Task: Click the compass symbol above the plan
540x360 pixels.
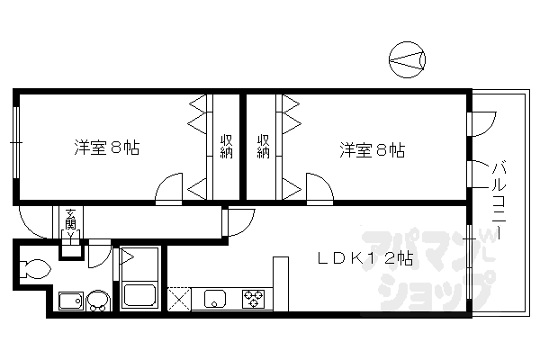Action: point(409,60)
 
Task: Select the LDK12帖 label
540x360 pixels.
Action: point(364,258)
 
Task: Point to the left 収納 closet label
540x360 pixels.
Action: point(227,146)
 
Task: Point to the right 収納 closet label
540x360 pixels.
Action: point(263,146)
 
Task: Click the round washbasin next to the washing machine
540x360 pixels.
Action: point(96,301)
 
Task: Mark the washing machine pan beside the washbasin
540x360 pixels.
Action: point(69,301)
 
